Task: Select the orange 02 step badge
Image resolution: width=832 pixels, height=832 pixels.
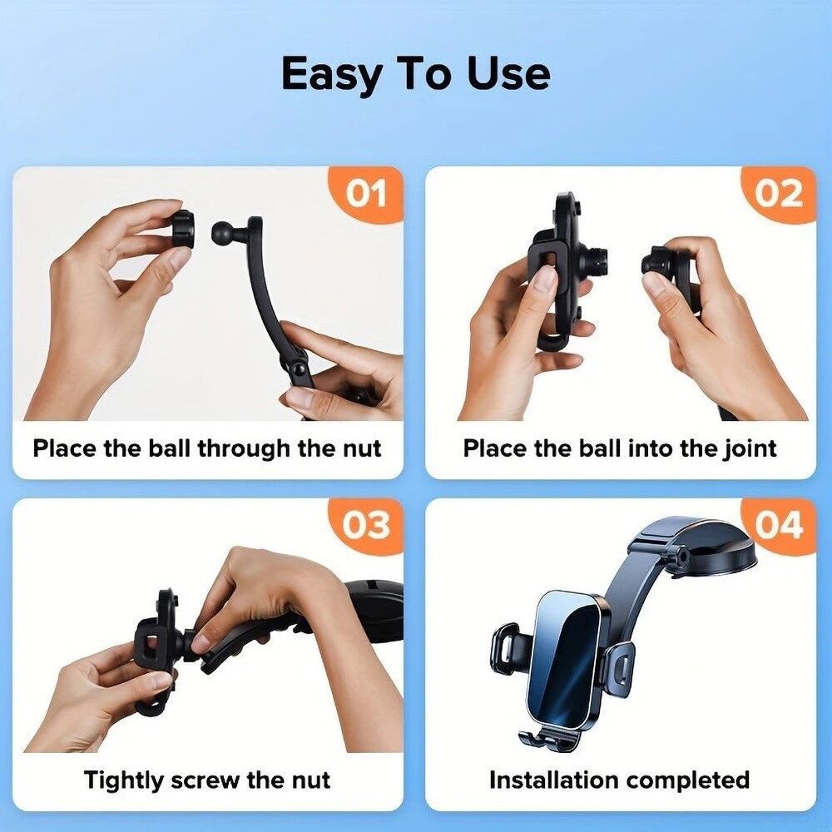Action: coord(779,194)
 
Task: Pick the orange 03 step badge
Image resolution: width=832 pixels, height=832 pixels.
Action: coord(367,525)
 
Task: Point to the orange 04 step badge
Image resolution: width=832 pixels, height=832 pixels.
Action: coord(779,525)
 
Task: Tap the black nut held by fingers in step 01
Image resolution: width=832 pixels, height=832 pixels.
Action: coord(181,232)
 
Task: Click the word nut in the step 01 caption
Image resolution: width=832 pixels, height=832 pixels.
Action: coord(362,448)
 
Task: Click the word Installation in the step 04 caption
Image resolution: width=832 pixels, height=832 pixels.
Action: coord(553,780)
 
